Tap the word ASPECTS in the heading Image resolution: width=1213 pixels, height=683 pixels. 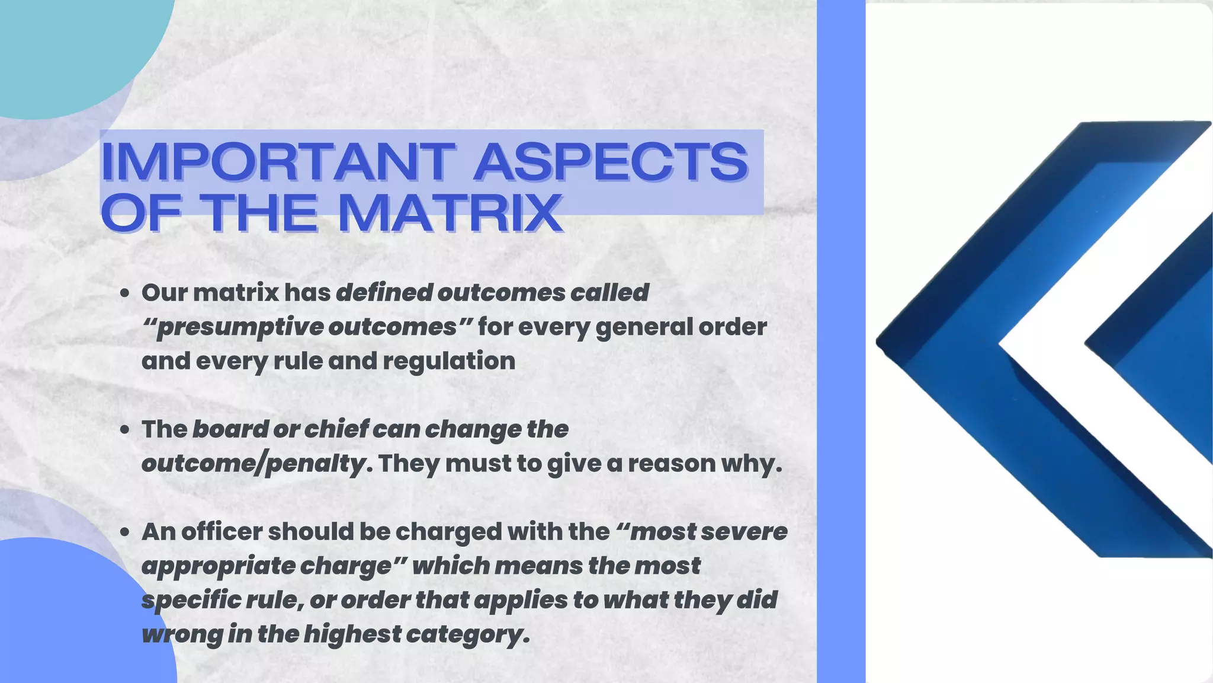tap(611, 161)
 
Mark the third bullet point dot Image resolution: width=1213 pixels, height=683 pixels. tap(124, 532)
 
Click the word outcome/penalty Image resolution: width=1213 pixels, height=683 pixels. tap(253, 464)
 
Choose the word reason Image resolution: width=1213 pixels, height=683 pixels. tap(672, 464)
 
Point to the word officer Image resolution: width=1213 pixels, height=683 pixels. tap(222, 532)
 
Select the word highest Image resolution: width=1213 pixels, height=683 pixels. tap(353, 634)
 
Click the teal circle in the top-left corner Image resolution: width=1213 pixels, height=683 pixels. tap(65, 47)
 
